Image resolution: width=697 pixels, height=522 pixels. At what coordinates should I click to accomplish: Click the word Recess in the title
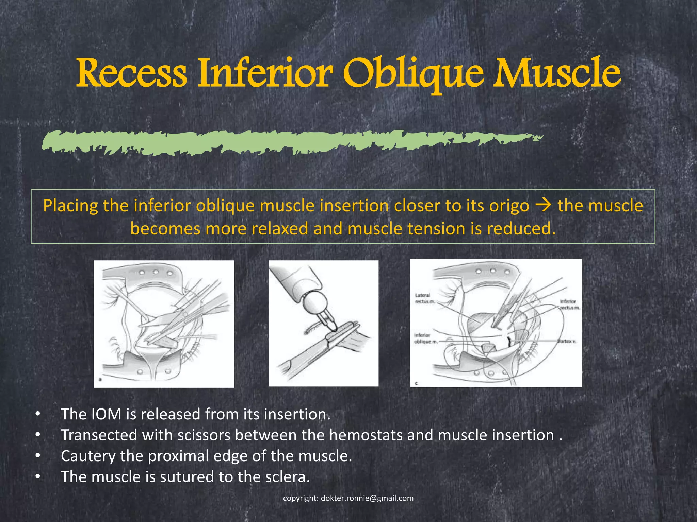(x=131, y=73)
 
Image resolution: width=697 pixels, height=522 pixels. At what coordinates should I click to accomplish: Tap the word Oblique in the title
(x=413, y=73)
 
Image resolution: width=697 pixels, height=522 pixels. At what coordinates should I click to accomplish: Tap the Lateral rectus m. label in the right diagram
(x=423, y=298)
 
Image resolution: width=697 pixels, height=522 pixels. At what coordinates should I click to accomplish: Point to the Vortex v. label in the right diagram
(x=566, y=341)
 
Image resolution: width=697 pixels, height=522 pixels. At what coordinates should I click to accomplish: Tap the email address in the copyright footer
(x=367, y=498)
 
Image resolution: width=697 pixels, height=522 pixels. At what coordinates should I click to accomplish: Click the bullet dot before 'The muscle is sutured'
(x=38, y=477)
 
